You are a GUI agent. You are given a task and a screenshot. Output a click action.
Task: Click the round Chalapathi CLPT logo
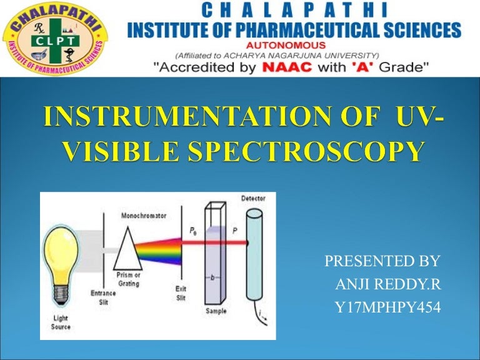(x=55, y=39)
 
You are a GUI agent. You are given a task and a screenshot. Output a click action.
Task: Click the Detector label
(x=253, y=199)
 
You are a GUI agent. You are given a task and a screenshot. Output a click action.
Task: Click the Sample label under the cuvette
(x=216, y=311)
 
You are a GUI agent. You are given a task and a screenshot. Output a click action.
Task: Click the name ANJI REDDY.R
(x=388, y=285)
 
